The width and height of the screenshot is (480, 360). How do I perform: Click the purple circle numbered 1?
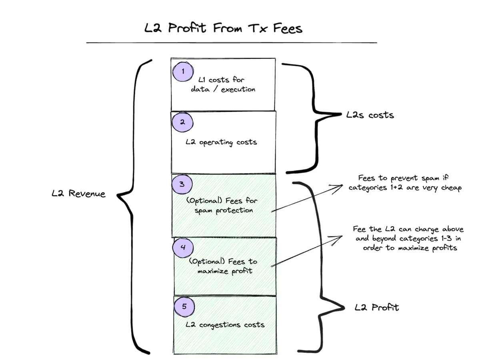point(183,72)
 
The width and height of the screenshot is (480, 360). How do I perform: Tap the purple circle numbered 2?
point(183,122)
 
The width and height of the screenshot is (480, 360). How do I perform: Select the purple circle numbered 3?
point(182,184)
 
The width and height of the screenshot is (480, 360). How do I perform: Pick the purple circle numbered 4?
point(183,247)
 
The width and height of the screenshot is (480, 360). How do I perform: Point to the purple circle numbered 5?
point(184,307)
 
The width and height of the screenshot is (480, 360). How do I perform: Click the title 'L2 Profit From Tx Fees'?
point(223,28)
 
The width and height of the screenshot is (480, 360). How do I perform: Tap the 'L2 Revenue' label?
point(78,194)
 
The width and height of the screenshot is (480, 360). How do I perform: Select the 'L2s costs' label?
point(370,115)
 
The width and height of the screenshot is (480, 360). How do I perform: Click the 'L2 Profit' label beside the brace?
point(377,308)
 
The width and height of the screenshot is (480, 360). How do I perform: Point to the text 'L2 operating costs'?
point(221,142)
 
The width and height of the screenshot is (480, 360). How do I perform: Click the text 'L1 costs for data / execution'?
point(223,84)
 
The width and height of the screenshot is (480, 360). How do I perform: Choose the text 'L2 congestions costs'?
point(225,324)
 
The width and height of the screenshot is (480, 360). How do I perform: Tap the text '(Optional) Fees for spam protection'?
point(224,205)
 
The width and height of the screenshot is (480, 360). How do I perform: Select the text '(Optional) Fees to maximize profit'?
point(223,266)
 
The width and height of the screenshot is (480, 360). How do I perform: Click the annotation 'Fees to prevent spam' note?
point(405,183)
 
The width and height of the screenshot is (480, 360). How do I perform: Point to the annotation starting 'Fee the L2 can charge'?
point(408,238)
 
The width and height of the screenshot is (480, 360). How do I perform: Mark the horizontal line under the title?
point(231,42)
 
